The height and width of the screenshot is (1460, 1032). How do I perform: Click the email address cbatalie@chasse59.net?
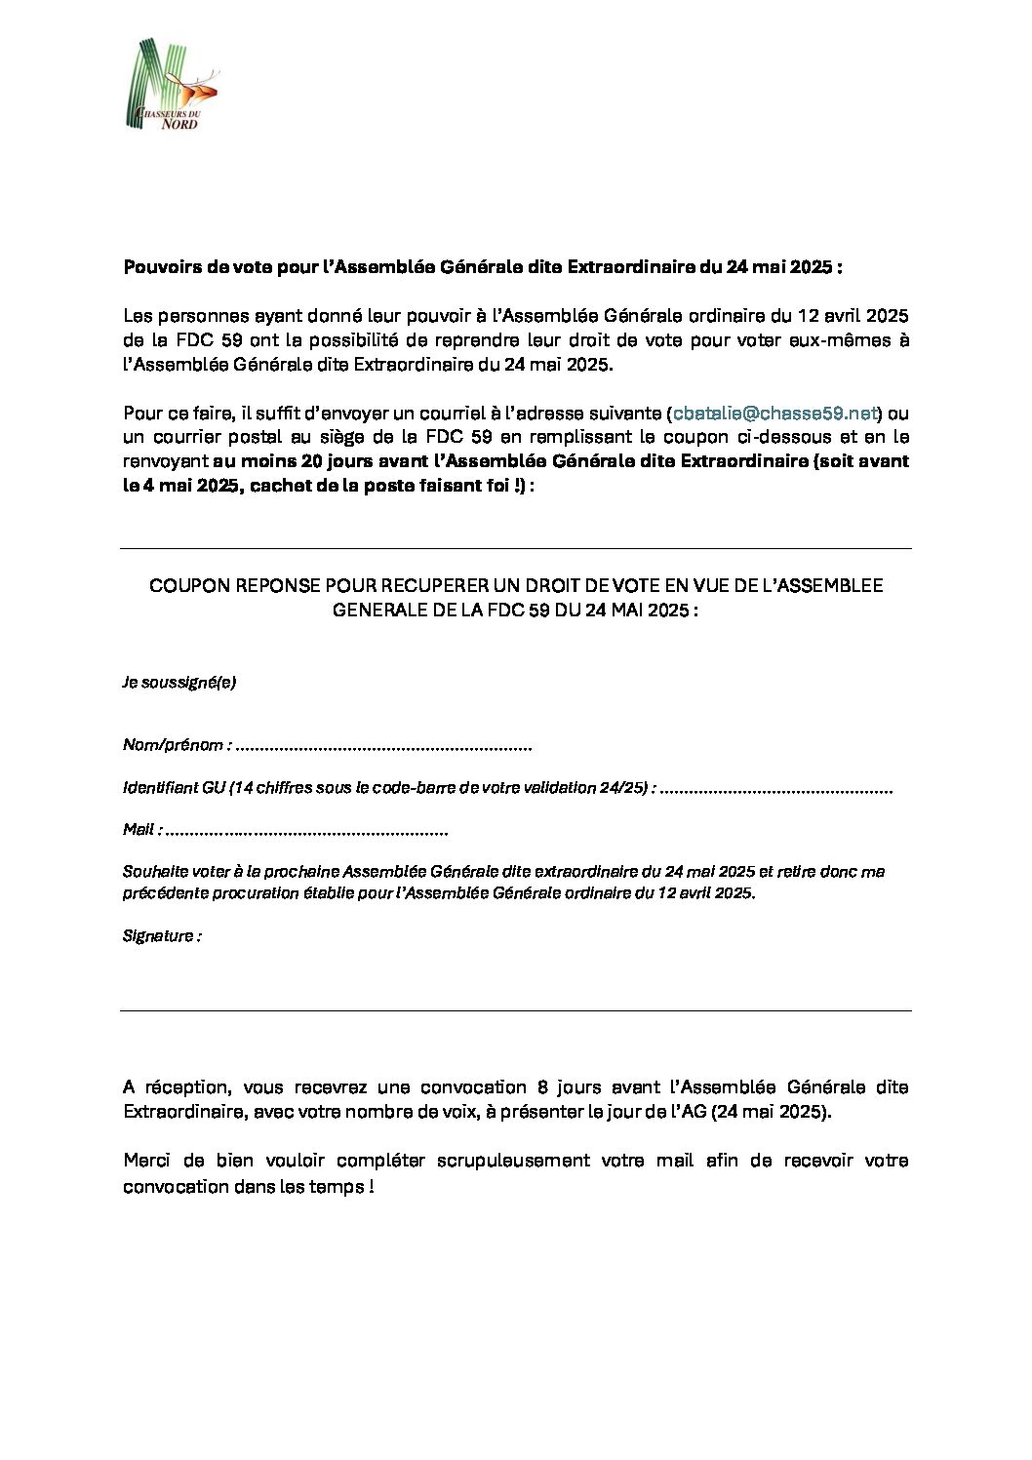click(x=774, y=414)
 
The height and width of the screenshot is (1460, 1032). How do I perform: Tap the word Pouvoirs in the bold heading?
click(x=157, y=267)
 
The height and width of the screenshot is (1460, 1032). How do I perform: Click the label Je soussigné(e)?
click(x=179, y=682)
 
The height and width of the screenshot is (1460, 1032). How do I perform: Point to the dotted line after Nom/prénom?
click(x=384, y=746)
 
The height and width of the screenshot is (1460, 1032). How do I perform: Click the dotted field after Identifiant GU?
click(x=776, y=788)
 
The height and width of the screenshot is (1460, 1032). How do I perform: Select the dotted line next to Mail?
click(x=306, y=830)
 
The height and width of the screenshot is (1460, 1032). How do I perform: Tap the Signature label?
click(x=162, y=936)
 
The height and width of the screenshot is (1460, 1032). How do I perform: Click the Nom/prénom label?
click(x=177, y=745)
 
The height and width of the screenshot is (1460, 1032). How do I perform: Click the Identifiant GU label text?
click(x=174, y=788)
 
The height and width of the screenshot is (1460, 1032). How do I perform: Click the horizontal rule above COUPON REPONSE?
click(x=515, y=548)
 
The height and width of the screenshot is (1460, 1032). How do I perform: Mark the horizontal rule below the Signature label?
click(x=515, y=1010)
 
